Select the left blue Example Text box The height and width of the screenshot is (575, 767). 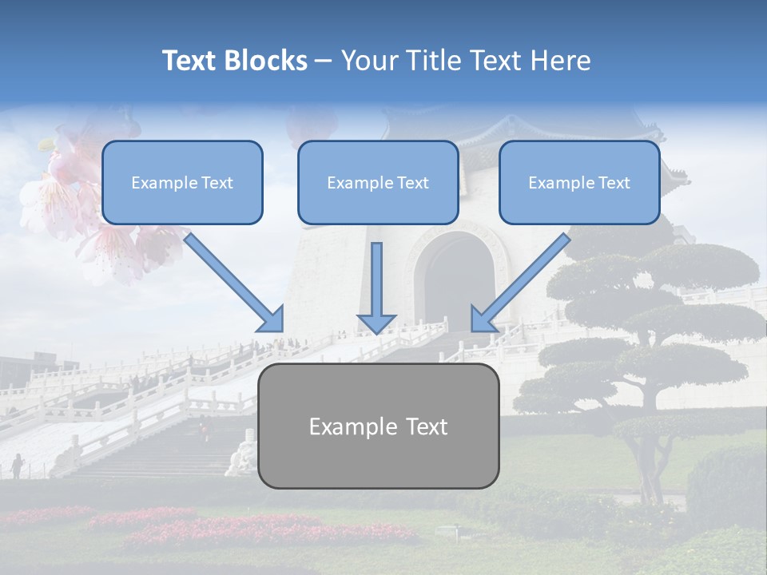tap(182, 183)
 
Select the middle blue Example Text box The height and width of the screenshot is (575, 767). tap(378, 183)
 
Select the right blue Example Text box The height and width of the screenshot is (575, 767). tap(579, 183)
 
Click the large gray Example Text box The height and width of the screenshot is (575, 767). tap(378, 426)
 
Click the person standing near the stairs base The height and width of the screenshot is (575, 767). tap(17, 466)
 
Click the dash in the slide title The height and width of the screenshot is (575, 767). tap(324, 61)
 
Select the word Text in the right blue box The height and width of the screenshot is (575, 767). tap(614, 183)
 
